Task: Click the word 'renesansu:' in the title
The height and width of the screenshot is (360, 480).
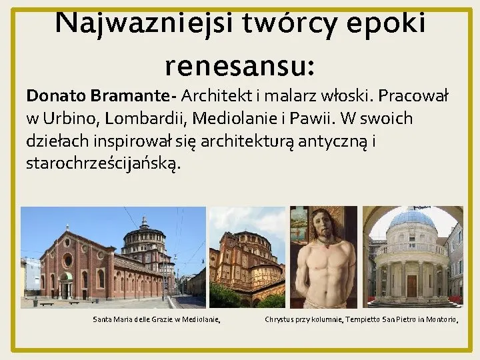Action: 239,66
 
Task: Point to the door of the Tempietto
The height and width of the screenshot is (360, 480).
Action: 412,285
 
